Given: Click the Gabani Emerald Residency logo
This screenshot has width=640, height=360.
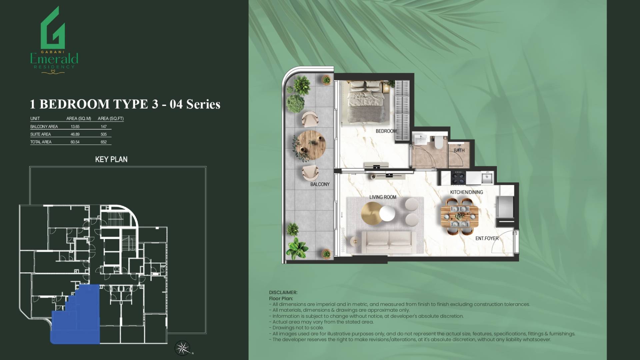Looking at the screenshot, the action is tap(54, 40).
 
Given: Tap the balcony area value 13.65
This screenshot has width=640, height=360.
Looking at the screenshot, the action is tap(75, 127).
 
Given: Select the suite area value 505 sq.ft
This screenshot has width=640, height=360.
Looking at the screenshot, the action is tap(104, 134).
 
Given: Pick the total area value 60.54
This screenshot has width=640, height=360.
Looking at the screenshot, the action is tap(75, 142).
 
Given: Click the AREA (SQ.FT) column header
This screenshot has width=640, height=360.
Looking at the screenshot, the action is tap(111, 118).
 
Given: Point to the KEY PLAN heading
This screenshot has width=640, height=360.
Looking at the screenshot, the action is tap(111, 159).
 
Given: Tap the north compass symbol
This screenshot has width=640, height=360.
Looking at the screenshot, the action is tap(182, 348).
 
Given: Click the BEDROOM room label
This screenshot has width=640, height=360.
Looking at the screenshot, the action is tap(386, 131).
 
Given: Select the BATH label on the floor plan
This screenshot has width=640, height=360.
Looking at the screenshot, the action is tap(459, 150).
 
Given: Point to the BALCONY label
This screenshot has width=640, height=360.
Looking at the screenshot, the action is tap(320, 184).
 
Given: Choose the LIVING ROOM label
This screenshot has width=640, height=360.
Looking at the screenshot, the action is tap(383, 197).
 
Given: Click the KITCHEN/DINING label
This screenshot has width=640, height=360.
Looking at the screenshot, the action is tap(467, 192).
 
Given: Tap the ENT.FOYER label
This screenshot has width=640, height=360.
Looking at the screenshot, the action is tap(487, 238).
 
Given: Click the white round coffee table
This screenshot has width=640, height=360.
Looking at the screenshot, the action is tap(387, 213).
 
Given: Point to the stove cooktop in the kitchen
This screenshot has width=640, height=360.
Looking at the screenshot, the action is tap(458, 177).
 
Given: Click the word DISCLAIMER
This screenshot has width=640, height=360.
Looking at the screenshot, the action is tap(283, 292).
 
